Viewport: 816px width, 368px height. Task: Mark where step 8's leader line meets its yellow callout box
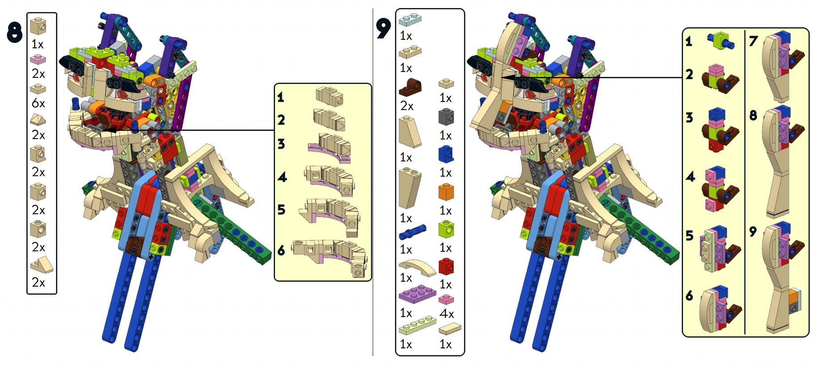(274, 130)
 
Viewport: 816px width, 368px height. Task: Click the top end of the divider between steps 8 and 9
(373, 9)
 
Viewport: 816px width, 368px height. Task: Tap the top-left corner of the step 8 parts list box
(27, 13)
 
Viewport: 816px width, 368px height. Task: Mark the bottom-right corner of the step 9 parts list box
(464, 355)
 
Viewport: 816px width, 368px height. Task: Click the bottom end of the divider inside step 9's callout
(745, 334)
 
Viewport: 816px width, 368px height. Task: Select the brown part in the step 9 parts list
(410, 87)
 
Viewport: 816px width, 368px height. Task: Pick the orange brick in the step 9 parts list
(446, 191)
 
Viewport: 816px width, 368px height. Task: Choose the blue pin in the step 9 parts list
(412, 232)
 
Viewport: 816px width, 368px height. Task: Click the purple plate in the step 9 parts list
(417, 294)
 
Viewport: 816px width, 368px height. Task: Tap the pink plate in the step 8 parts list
(38, 59)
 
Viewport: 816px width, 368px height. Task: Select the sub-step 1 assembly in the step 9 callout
(720, 41)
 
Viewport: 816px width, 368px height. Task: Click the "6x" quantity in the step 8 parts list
(38, 103)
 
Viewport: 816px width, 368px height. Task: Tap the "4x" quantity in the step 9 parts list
(446, 313)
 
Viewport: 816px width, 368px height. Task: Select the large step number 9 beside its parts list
(383, 28)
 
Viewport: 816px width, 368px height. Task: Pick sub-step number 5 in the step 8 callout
(281, 209)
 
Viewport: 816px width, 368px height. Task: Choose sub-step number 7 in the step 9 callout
(753, 41)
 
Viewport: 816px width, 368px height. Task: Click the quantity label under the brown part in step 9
(407, 106)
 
